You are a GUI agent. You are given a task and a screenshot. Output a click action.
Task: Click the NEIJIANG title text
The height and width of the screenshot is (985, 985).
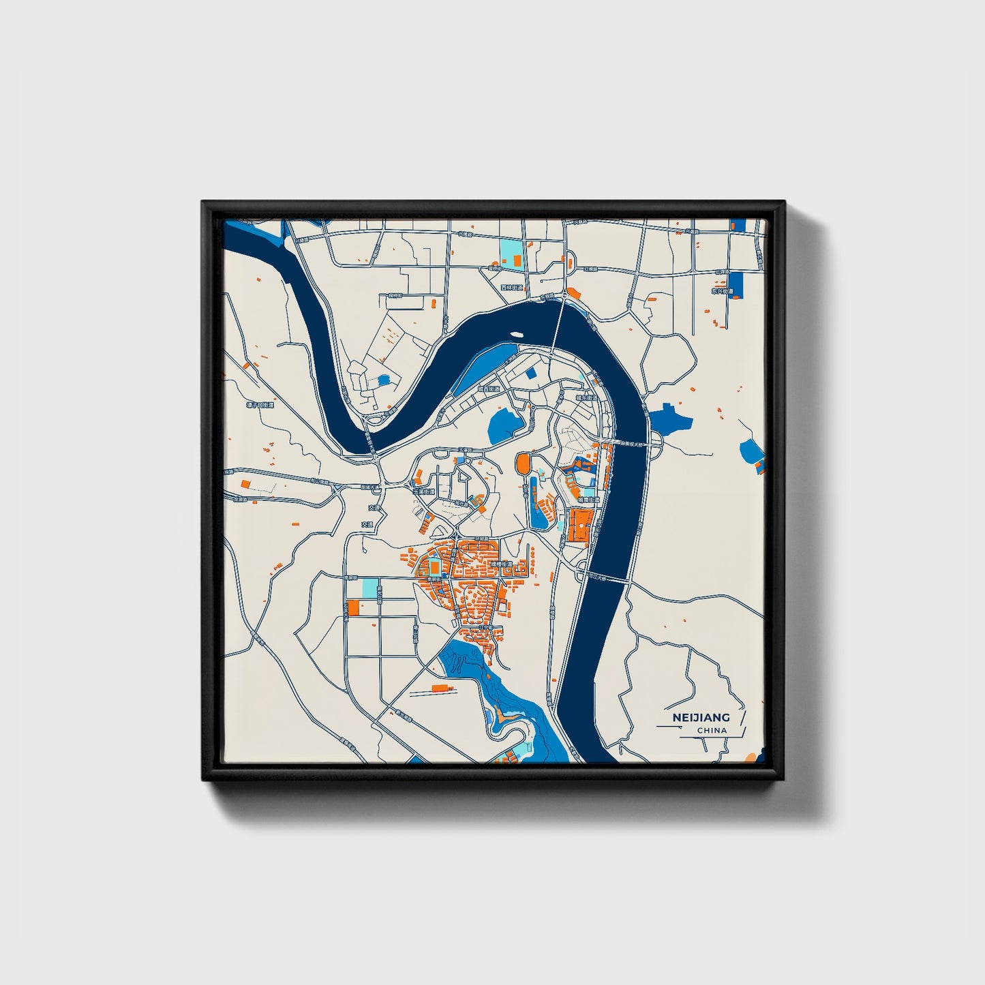tap(701, 717)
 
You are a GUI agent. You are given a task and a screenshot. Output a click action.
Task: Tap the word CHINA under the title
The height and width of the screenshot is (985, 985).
tap(712, 730)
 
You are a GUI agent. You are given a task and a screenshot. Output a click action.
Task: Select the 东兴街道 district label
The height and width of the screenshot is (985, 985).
tap(722, 291)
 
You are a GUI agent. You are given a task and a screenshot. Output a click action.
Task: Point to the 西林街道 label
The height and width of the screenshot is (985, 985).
tap(511, 288)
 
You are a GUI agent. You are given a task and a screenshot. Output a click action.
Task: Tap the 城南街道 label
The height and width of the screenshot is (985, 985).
tap(588, 500)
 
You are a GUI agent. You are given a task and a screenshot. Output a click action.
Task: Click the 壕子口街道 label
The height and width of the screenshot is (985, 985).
tap(260, 405)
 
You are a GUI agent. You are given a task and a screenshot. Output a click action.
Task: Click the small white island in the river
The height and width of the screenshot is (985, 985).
tap(516, 335)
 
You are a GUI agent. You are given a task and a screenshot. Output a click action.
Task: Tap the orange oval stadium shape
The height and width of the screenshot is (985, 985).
tap(523, 464)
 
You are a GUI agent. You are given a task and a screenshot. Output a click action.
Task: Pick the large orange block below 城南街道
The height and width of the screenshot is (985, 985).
tap(577, 527)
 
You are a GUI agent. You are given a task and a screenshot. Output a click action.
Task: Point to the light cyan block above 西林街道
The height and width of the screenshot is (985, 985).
tap(509, 252)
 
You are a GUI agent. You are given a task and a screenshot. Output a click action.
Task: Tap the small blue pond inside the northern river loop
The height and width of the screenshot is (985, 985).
tap(383, 380)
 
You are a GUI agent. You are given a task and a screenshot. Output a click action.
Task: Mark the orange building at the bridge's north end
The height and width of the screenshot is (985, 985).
tap(573, 294)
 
